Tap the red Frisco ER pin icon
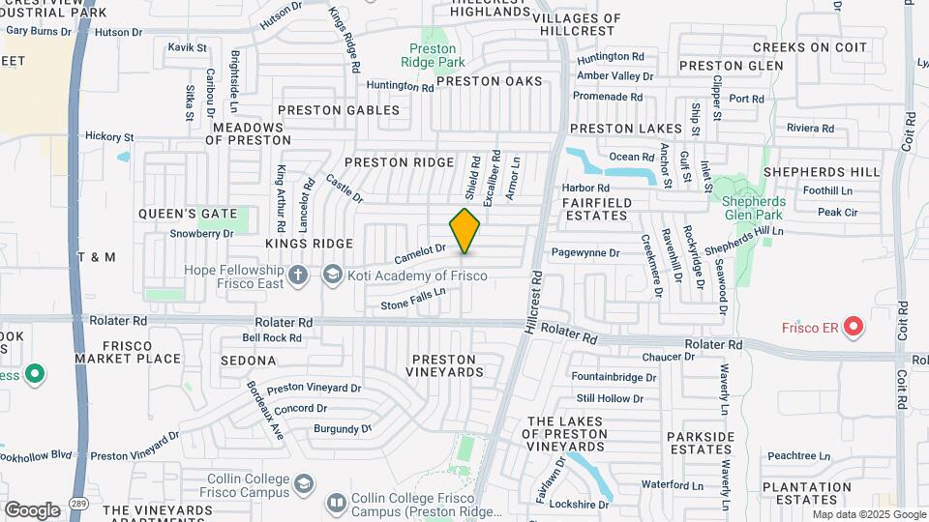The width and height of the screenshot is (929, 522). click(853, 328)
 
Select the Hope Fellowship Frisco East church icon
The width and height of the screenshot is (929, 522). click(299, 275)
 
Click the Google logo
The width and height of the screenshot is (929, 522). click(31, 509)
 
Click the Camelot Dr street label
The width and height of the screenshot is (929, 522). click(420, 254)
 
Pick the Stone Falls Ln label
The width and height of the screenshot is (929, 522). click(412, 298)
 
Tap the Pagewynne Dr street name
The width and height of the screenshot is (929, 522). click(584, 252)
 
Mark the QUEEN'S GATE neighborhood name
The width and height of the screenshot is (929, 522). click(174, 213)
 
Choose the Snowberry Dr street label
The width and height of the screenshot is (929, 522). click(202, 233)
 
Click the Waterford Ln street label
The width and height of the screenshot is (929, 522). click(670, 485)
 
